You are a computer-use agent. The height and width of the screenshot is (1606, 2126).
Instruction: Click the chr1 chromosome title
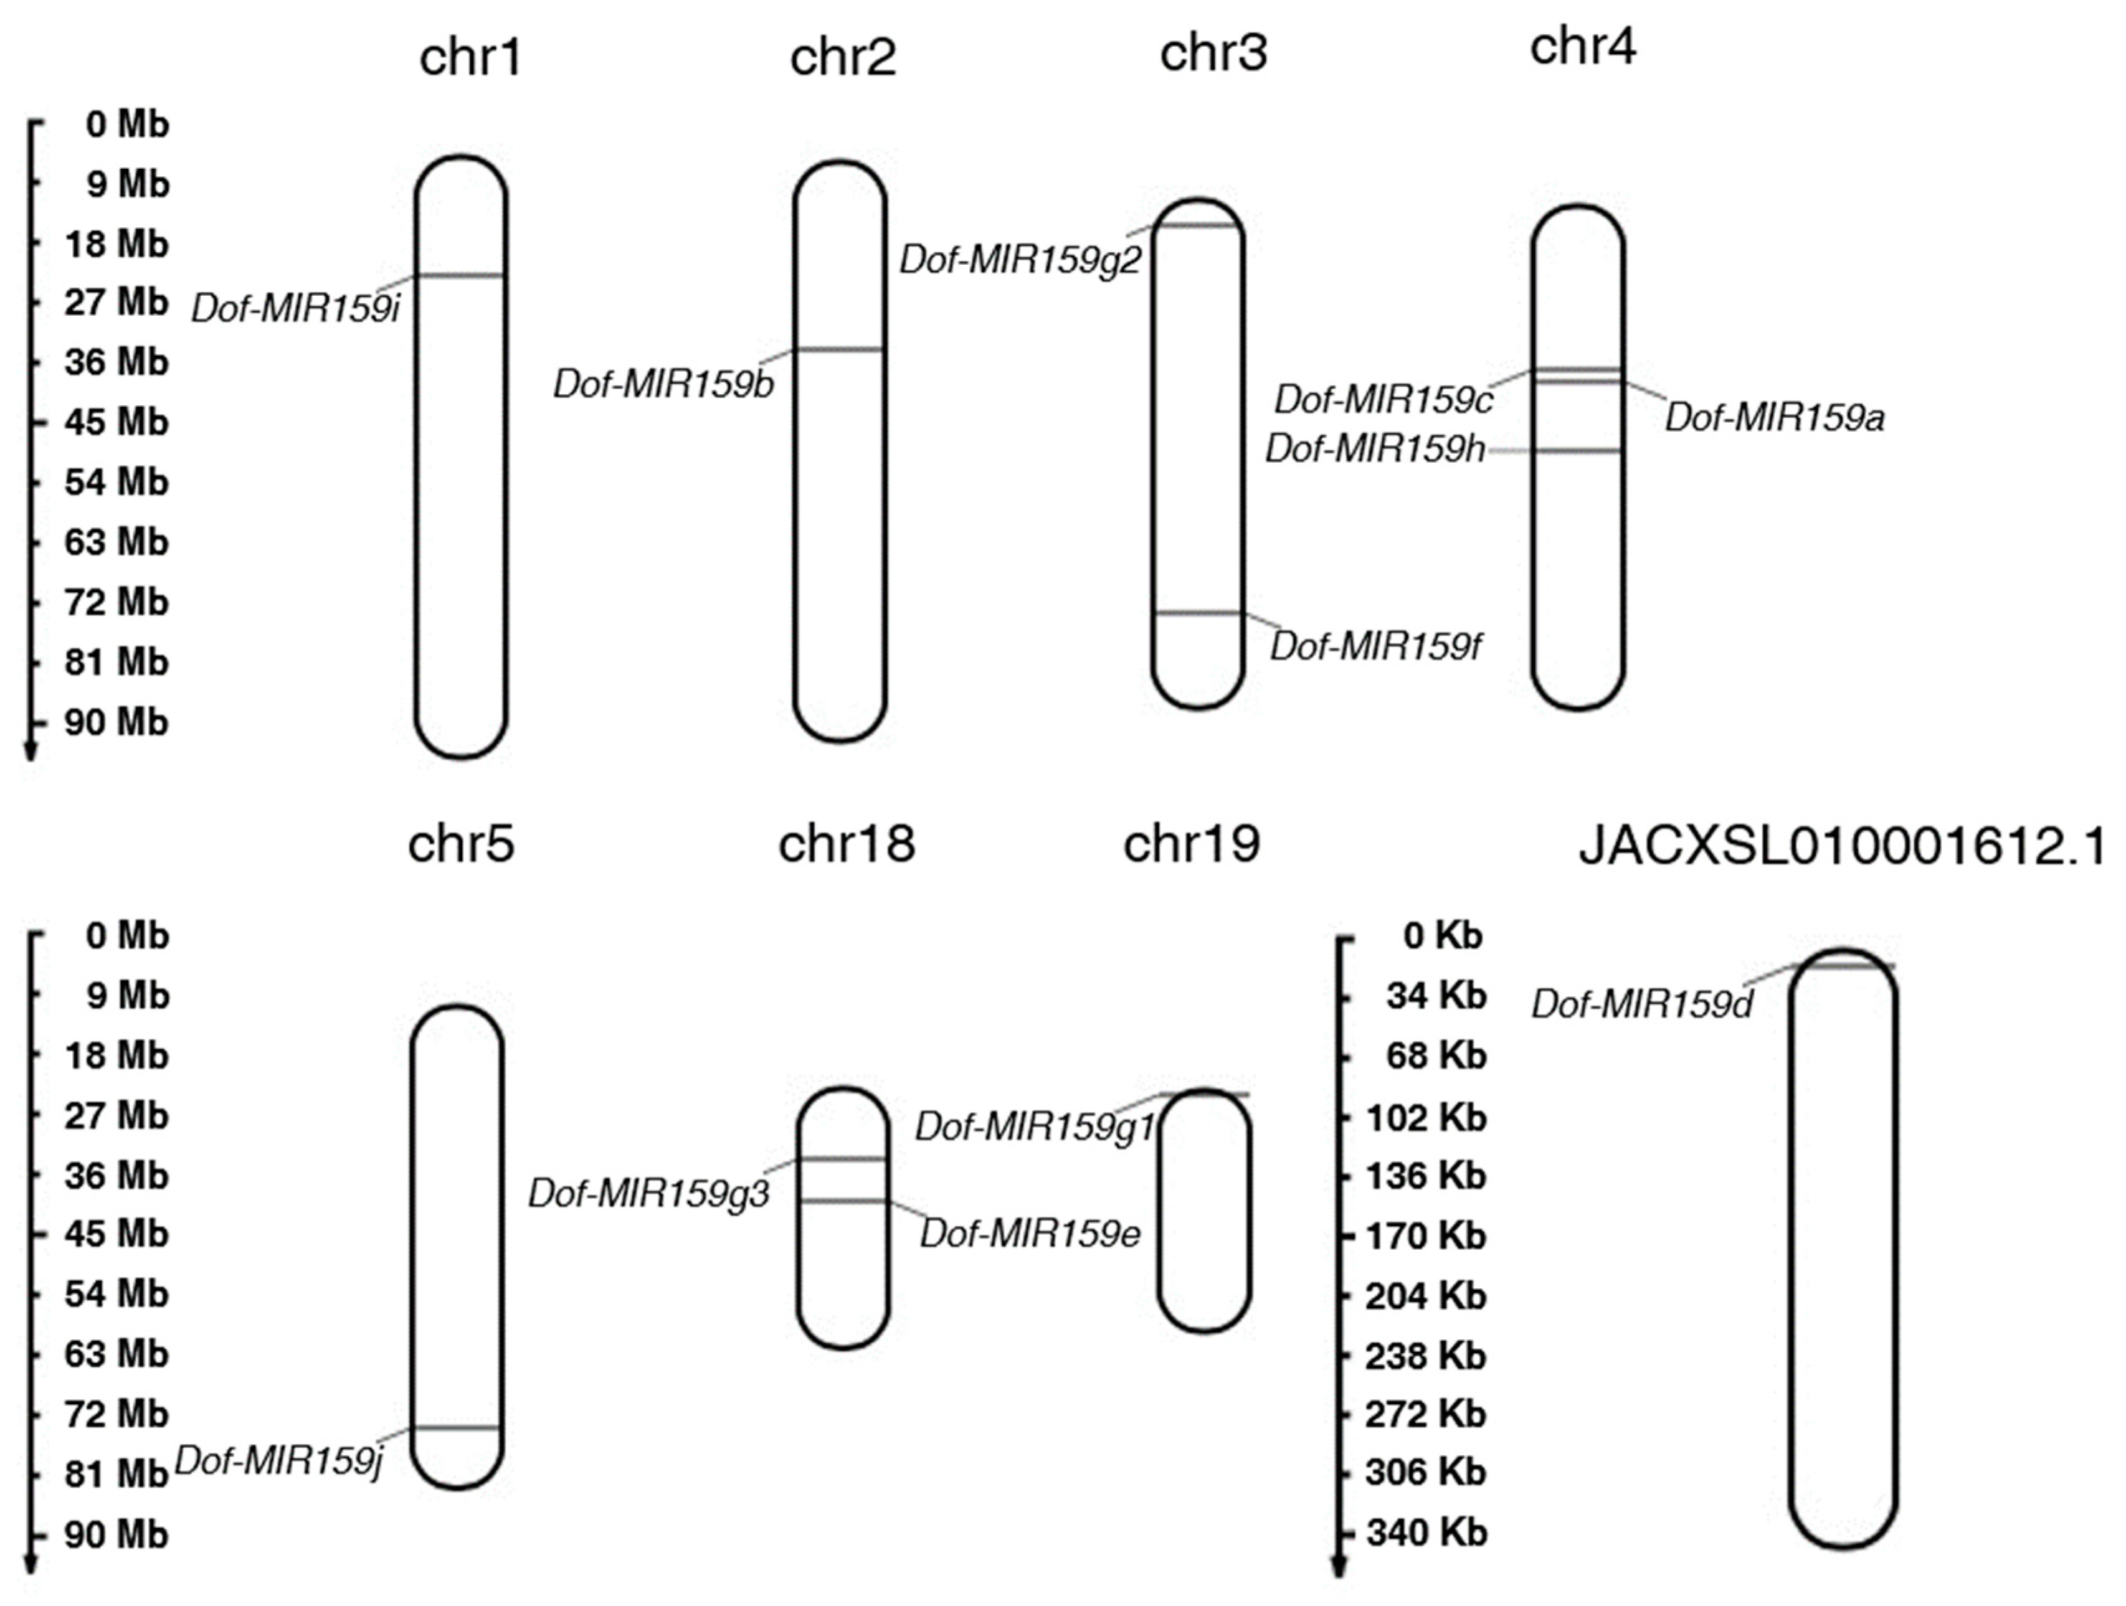pyautogui.click(x=470, y=58)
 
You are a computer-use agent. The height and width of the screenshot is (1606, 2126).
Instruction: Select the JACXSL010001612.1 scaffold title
pyautogui.click(x=1841, y=848)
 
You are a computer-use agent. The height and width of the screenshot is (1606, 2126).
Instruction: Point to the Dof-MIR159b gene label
pyautogui.click(x=663, y=384)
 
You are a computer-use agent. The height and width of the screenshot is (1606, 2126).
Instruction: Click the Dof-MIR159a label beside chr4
pyautogui.click(x=1774, y=418)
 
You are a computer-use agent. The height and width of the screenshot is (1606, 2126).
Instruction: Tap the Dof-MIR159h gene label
pyautogui.click(x=1374, y=449)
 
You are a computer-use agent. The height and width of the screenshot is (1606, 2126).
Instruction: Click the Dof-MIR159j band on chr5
pyautogui.click(x=457, y=1428)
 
